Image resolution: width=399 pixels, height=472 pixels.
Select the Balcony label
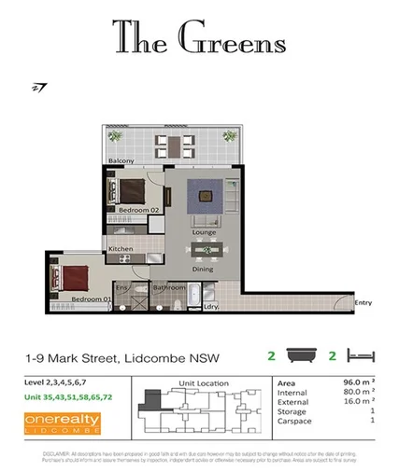121,161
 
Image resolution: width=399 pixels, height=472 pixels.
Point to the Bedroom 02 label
138,211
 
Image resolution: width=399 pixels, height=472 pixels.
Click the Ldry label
211,305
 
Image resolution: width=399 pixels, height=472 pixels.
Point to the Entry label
363,302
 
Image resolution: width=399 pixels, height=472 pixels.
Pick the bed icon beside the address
360,355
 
